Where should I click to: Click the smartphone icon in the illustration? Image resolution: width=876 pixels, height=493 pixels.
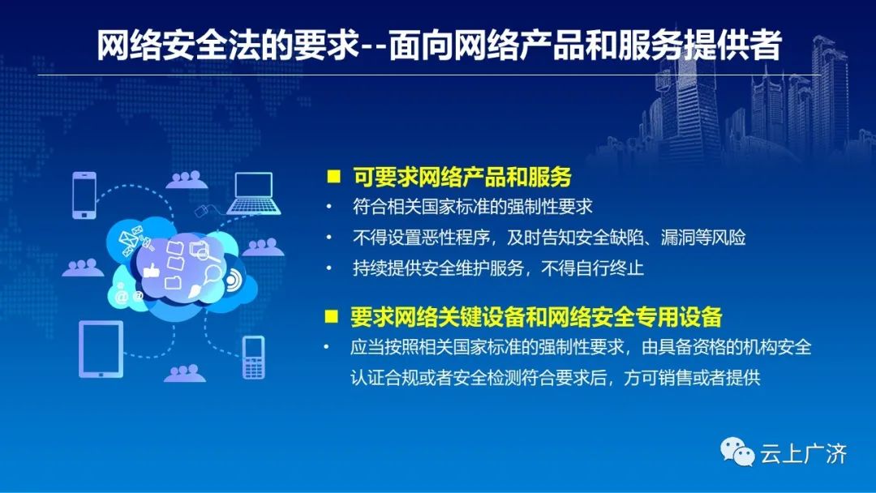[x=84, y=195]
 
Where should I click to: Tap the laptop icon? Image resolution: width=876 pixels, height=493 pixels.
[x=254, y=194]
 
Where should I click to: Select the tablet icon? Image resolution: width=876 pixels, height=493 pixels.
[x=101, y=349]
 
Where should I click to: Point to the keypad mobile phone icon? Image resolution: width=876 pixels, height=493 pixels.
[x=254, y=358]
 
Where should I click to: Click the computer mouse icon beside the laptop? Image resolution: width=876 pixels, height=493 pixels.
[x=202, y=211]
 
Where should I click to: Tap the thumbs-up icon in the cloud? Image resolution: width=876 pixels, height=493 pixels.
[x=151, y=272]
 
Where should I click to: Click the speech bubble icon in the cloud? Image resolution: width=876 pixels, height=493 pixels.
[x=213, y=275]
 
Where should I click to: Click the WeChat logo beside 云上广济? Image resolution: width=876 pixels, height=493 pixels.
[x=737, y=451]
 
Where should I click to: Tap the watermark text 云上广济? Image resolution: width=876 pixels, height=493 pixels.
[x=803, y=453]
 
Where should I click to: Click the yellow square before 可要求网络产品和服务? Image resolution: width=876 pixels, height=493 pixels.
[x=333, y=177]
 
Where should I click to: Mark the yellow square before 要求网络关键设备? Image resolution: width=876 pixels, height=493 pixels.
[x=331, y=316]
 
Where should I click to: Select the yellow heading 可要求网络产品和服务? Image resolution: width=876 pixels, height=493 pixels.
[x=462, y=177]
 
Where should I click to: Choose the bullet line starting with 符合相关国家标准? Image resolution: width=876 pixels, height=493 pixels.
[x=472, y=207]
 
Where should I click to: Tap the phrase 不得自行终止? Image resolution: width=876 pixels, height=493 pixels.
[x=592, y=268]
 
